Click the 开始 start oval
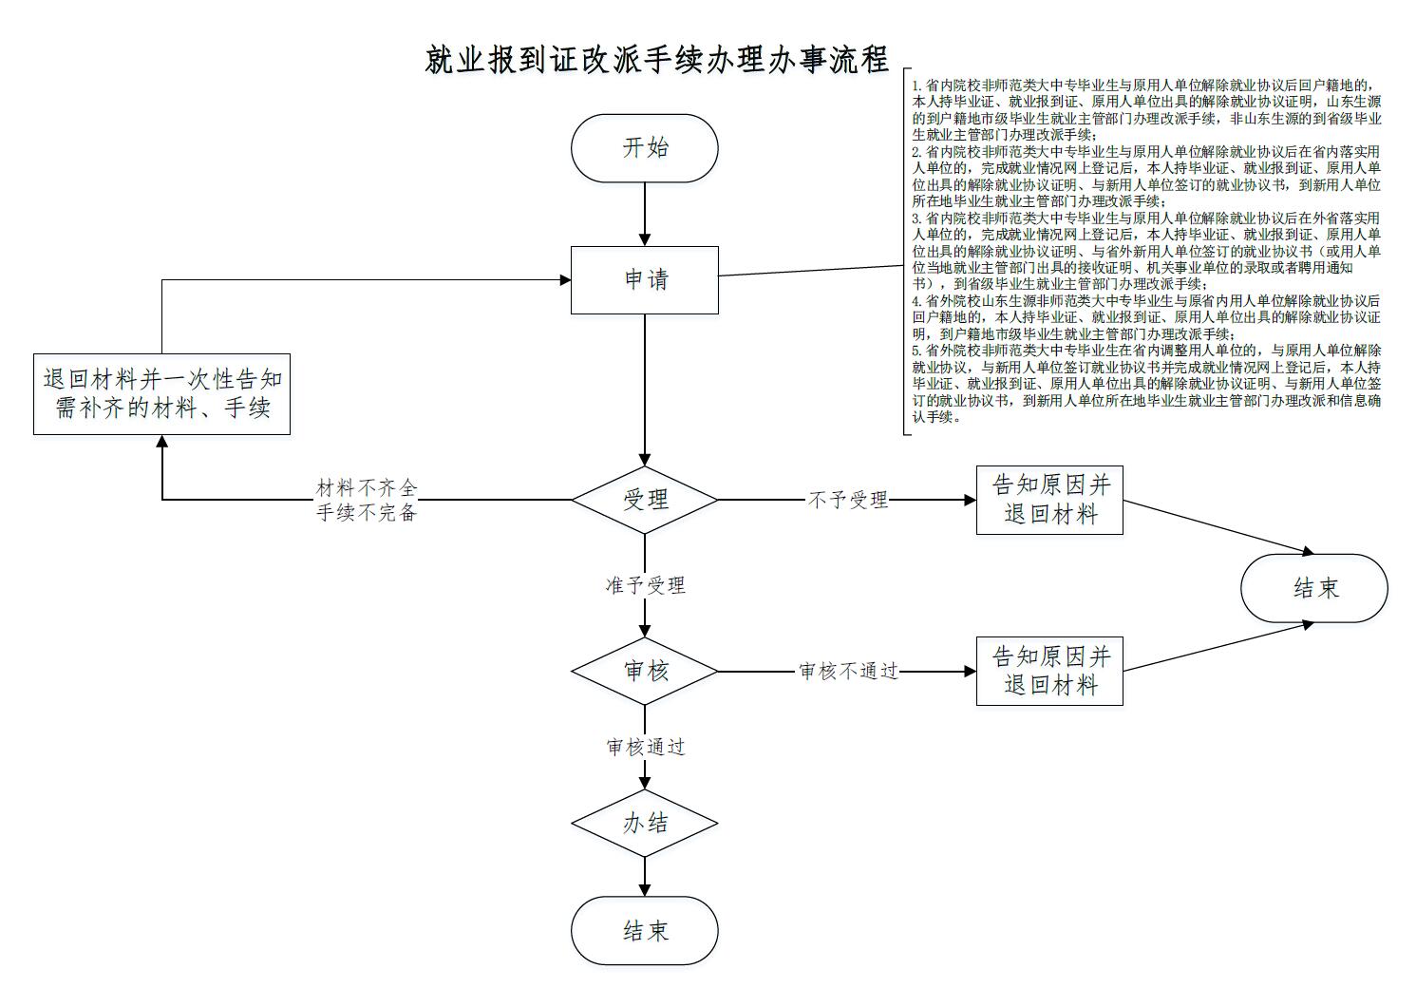tap(644, 148)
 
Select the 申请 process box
tap(644, 279)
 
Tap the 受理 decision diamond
tap(644, 500)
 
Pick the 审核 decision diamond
tap(644, 671)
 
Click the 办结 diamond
tap(644, 823)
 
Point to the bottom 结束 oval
tap(644, 931)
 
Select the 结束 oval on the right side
tap(1313, 588)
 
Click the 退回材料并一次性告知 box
tap(161, 394)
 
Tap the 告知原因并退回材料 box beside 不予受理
tap(1049, 500)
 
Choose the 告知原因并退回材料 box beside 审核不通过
tap(1049, 671)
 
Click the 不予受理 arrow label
tap(847, 500)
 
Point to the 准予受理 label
tap(645, 585)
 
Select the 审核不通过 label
tap(848, 672)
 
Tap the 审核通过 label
tap(645, 748)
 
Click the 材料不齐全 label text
tap(367, 488)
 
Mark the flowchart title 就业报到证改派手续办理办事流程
tap(656, 60)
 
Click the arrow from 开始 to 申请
tap(645, 214)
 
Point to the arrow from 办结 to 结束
tap(645, 876)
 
